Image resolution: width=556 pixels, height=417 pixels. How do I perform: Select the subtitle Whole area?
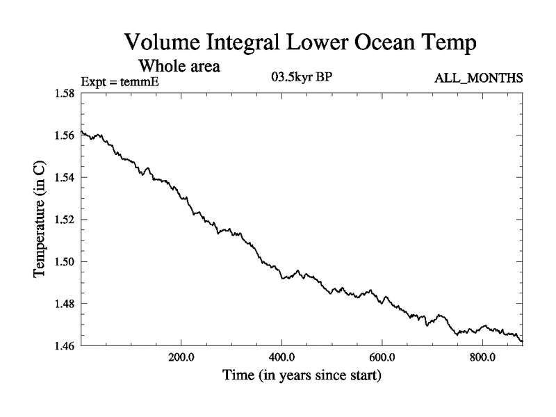pyautogui.click(x=180, y=67)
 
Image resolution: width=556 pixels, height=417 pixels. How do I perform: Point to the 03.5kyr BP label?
pyautogui.click(x=301, y=76)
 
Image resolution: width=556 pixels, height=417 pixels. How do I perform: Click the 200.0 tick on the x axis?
pyautogui.click(x=181, y=358)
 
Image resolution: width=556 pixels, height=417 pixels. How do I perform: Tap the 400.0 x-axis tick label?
pyautogui.click(x=281, y=358)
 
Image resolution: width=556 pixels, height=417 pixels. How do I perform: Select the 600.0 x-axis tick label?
pyautogui.click(x=382, y=358)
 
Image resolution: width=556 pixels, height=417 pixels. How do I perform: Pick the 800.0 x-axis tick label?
pyautogui.click(x=482, y=358)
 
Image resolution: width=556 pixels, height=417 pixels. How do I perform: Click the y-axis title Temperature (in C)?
pyautogui.click(x=40, y=219)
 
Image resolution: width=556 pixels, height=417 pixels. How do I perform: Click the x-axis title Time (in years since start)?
pyautogui.click(x=302, y=377)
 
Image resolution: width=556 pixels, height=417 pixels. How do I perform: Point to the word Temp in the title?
pyautogui.click(x=452, y=43)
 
